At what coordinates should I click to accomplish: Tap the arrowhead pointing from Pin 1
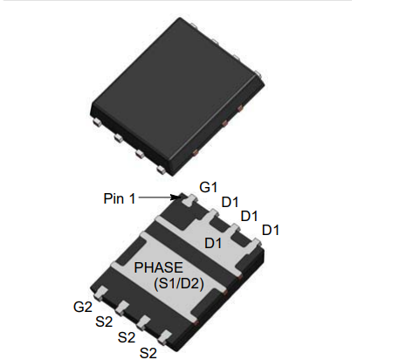[x=181, y=198]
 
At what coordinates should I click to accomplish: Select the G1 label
[x=208, y=187]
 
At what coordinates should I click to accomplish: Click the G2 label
[x=83, y=307]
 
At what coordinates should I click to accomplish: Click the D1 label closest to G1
[x=230, y=202]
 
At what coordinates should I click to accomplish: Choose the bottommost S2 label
[x=149, y=352]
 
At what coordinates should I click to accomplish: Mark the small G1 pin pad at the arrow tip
[x=188, y=202]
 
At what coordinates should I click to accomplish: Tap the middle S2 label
[x=127, y=337]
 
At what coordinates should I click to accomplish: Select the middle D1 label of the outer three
[x=250, y=216]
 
